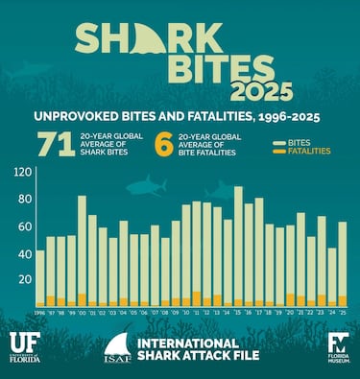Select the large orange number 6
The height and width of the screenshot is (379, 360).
pos(165,144)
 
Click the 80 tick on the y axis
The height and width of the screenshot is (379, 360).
pos(23,227)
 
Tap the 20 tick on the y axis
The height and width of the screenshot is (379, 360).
pos(23,279)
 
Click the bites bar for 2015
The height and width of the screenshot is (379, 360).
pos(238,245)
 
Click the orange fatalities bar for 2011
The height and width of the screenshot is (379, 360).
pos(197,298)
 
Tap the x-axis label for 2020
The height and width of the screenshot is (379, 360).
pos(291,313)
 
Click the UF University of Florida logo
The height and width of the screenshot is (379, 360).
pos(26,346)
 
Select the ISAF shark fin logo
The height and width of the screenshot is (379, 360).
pos(117,348)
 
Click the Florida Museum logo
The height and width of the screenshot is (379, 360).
pos(338,346)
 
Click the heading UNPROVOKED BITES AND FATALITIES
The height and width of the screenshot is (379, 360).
pos(180,116)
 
